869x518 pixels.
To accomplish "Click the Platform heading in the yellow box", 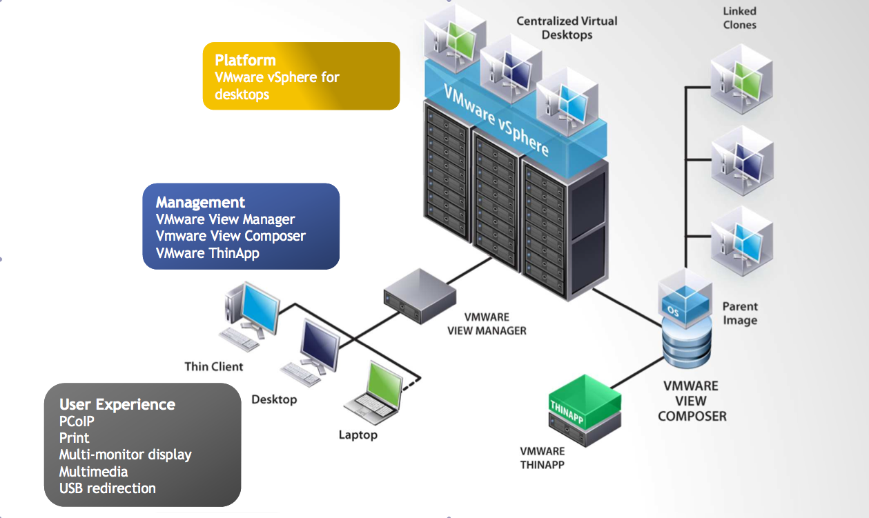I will (245, 60).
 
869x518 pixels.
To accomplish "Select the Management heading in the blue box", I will (200, 202).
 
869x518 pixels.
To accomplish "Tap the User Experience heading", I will (117, 404).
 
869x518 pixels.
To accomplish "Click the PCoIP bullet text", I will (77, 421).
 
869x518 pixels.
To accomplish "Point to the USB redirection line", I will (107, 488).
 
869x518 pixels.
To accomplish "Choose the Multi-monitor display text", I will (125, 455).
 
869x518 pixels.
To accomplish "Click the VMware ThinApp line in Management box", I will (207, 253).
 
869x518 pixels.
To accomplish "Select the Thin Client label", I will (214, 366).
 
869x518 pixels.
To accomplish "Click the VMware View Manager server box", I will (420, 296).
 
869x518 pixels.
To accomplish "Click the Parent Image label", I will (740, 313).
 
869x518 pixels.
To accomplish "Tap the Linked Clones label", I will (739, 18).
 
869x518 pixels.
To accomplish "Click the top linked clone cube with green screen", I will (741, 78).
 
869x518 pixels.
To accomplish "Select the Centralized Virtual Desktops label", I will (567, 28).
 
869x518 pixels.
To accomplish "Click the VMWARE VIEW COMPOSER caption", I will (692, 401).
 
